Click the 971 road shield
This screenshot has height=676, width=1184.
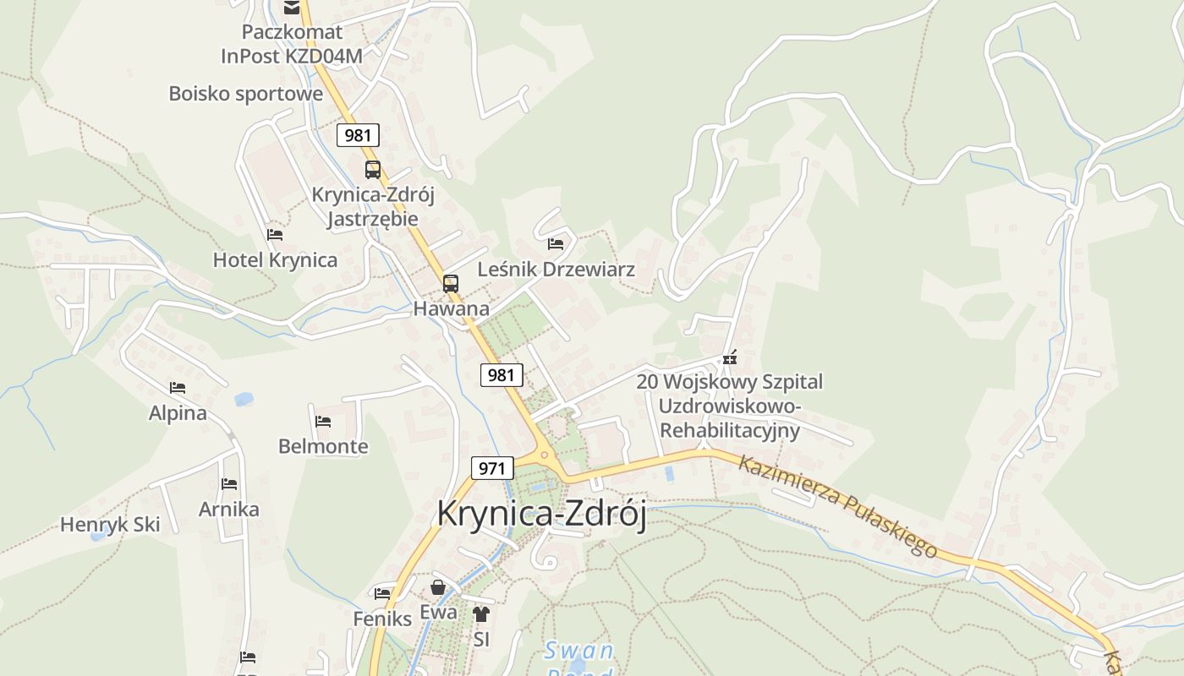492,468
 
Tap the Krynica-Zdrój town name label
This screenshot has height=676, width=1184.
541,514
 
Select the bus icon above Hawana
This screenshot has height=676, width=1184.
451,284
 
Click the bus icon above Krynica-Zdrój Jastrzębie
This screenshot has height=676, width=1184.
373,170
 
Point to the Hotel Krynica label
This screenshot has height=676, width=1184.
275,260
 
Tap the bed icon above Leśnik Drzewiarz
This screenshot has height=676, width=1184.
556,244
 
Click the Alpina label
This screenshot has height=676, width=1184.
178,413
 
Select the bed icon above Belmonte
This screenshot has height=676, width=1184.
323,421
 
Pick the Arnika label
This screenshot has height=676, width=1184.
228,510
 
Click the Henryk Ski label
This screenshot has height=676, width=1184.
110,525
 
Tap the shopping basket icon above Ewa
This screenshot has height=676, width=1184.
438,587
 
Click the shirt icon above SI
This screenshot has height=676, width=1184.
481,614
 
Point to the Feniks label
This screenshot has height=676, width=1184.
382,619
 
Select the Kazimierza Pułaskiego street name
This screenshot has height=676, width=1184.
837,506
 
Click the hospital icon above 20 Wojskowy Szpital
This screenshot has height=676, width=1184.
730,357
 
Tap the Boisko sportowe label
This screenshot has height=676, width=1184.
245,93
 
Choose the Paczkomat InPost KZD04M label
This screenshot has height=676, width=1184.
292,44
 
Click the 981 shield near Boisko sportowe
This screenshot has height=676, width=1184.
358,135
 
